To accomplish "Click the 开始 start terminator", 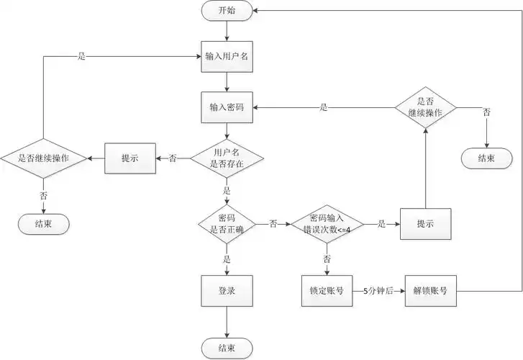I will [227, 11].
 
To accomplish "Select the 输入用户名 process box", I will [227, 57].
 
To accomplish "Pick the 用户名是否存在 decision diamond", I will [227, 158].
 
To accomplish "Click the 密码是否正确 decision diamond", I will [227, 224].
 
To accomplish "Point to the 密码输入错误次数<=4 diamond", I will [328, 224].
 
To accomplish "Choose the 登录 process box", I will [227, 292].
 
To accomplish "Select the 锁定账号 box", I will [327, 292].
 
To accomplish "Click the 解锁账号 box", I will [431, 292].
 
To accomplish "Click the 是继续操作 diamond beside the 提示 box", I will [44, 158].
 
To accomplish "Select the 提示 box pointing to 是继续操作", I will [129, 158].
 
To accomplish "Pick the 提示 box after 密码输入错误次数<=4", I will [425, 224].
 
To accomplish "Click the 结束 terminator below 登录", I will [227, 348].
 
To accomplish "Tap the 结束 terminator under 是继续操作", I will [44, 223].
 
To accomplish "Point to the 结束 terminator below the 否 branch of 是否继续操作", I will [486, 158].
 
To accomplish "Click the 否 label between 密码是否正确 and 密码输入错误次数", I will [273, 224].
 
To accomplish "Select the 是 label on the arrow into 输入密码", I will [324, 107].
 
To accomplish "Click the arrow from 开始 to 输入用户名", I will [227, 30].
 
